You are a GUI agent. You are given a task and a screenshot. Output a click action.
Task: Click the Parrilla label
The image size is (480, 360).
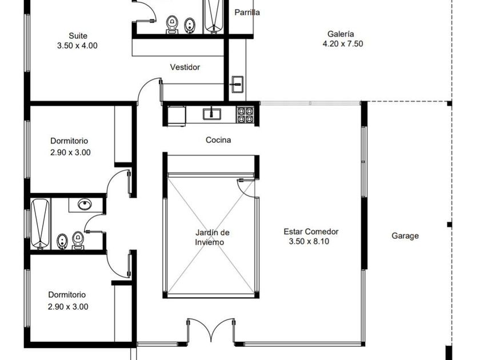click(247, 13)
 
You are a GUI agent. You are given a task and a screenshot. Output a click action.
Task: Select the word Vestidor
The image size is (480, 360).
click(185, 67)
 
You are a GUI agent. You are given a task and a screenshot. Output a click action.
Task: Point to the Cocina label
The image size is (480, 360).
click(218, 140)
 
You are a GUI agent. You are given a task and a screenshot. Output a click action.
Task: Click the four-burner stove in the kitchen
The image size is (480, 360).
click(246, 115)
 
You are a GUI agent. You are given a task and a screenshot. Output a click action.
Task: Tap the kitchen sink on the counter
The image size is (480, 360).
click(211, 113)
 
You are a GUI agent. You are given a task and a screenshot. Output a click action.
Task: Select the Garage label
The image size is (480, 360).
click(405, 235)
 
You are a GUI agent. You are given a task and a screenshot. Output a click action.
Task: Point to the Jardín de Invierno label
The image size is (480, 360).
click(212, 237)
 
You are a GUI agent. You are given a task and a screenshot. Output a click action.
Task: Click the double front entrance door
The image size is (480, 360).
click(211, 330)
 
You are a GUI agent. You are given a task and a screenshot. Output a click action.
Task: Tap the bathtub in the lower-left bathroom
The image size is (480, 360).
click(40, 224)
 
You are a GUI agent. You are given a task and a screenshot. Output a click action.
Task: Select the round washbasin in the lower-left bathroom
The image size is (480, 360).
click(85, 204)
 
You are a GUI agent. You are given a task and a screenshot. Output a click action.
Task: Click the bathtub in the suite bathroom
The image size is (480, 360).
click(214, 16)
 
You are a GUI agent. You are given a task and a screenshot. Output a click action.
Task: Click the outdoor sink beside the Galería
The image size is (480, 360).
click(237, 84)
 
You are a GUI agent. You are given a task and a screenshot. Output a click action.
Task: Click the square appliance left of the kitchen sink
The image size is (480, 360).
click(177, 115)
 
